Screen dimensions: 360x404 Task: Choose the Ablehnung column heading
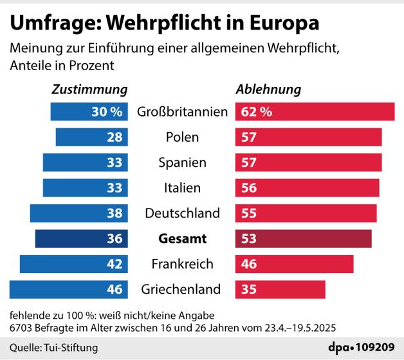click(269, 90)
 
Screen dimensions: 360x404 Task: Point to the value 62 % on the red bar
click(256, 111)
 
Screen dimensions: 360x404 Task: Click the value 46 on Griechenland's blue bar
click(115, 289)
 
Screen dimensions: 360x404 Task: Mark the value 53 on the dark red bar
click(249, 238)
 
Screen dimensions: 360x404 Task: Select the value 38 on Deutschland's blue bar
click(115, 213)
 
